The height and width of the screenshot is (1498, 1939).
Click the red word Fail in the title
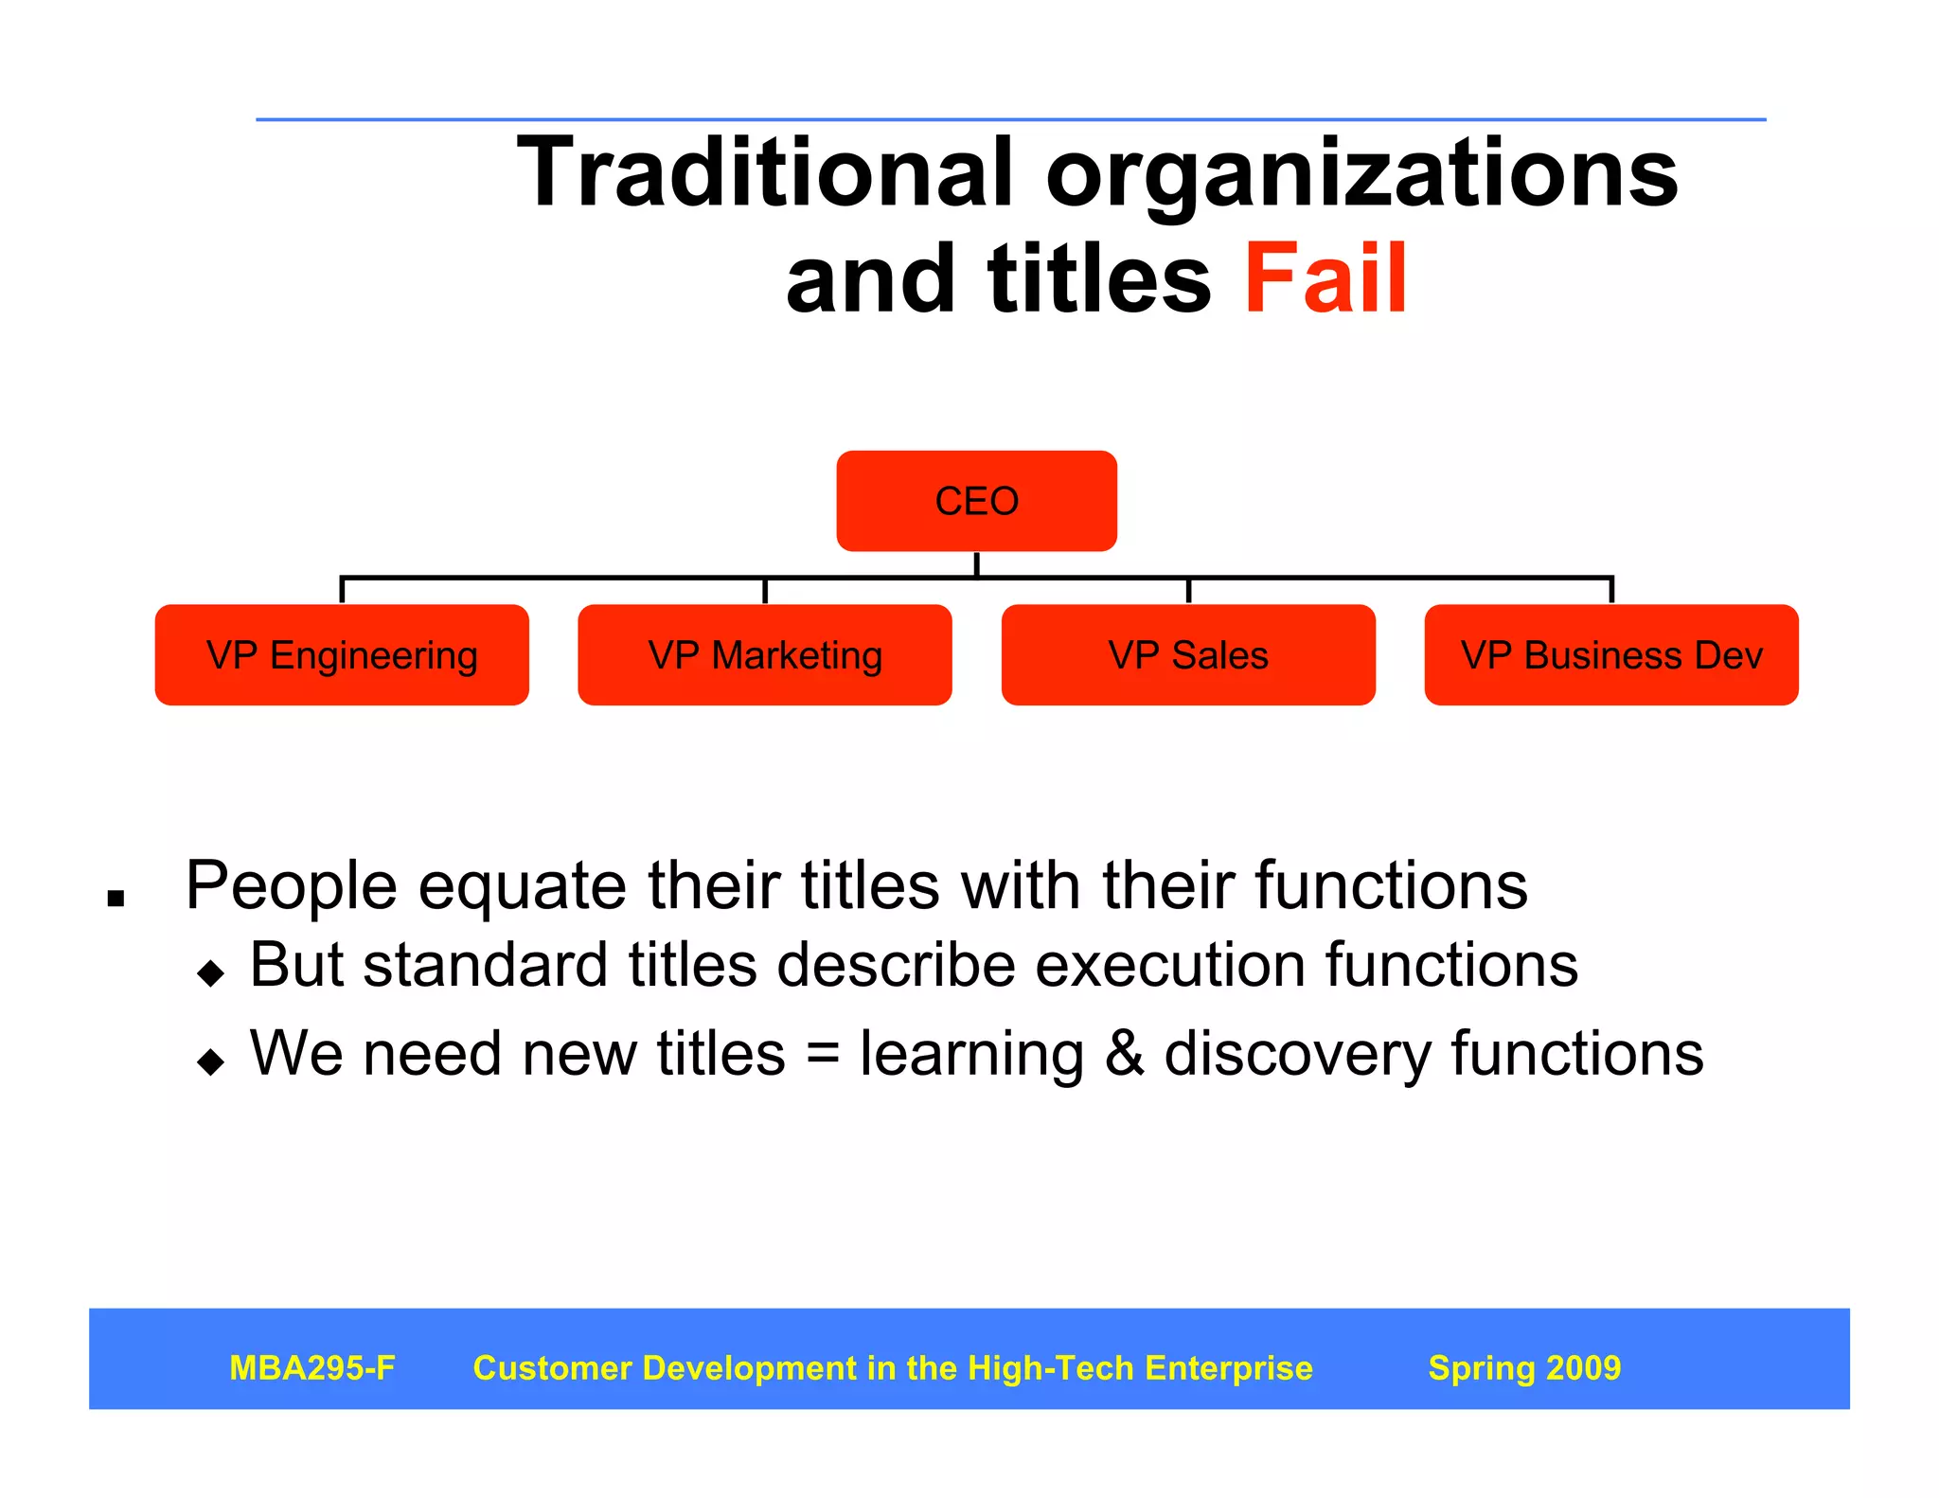[1325, 278]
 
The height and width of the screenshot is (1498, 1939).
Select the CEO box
[976, 501]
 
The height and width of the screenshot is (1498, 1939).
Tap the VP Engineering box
[342, 655]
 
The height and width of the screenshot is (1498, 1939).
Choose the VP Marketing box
[765, 655]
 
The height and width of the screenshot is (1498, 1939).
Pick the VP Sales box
[1188, 655]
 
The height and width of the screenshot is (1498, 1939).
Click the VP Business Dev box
[1611, 655]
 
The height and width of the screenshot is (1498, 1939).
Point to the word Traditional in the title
[765, 172]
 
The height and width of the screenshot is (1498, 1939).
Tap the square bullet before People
[116, 898]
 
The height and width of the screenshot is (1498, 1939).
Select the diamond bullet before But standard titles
[210, 972]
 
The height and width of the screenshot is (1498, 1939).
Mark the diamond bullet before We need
[210, 1061]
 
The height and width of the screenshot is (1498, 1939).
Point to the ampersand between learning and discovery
[1124, 1054]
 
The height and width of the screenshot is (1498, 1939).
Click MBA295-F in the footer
[312, 1368]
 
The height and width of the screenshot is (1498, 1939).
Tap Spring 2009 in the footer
[1524, 1368]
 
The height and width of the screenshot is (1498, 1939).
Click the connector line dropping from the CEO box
[976, 564]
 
